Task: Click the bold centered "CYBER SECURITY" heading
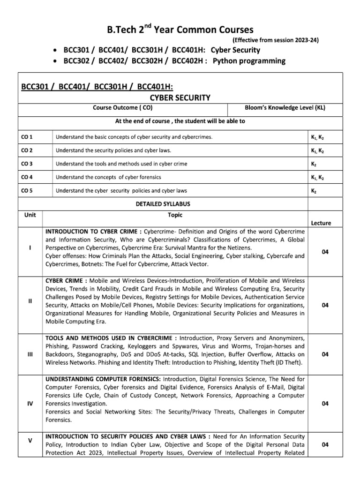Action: (x=180, y=97)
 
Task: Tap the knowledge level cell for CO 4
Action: (x=318, y=177)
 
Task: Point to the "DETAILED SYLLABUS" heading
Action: (x=162, y=204)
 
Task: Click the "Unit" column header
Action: (x=30, y=215)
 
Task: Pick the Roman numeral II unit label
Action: (x=30, y=301)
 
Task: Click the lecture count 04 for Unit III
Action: (x=325, y=354)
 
